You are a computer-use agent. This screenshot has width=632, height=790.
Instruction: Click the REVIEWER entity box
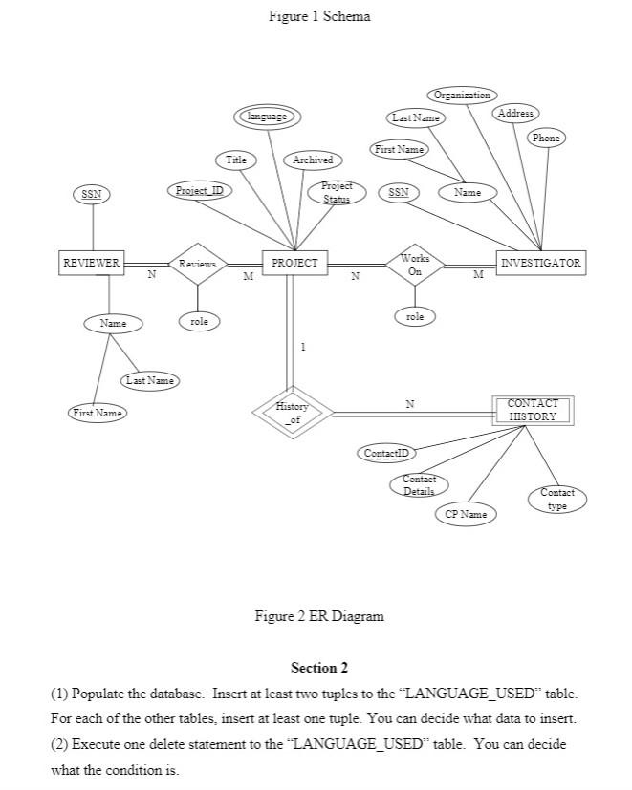[92, 263]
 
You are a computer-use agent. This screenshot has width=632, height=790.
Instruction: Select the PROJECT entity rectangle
[295, 263]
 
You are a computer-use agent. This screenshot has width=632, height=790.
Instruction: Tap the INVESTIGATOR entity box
[541, 263]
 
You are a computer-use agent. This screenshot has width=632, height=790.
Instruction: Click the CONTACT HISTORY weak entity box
[533, 411]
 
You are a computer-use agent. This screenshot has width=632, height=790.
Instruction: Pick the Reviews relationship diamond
[198, 264]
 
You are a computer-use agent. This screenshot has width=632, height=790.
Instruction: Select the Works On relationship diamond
[415, 264]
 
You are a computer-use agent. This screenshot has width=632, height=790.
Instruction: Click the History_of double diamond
[293, 413]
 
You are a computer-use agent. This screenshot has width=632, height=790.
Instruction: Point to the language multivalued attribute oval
[267, 117]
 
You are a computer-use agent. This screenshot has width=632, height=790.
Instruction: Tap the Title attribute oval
[235, 160]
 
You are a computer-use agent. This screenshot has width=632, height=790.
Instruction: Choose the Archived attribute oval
[313, 160]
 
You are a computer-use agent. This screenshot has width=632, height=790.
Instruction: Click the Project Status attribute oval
[337, 192]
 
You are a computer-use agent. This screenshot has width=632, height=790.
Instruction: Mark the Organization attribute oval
[462, 96]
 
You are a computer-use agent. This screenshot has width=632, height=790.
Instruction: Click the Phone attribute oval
[546, 139]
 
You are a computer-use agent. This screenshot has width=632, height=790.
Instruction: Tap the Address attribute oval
[515, 114]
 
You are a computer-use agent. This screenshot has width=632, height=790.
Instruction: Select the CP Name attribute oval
[466, 514]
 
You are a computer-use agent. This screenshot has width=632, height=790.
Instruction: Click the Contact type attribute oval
[557, 499]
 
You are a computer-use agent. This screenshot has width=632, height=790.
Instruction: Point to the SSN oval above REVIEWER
[92, 194]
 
